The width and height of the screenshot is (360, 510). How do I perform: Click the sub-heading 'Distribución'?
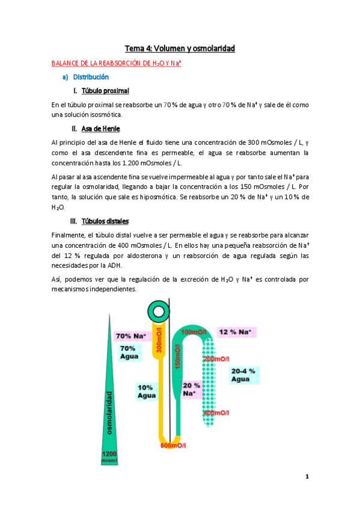[x=91, y=77]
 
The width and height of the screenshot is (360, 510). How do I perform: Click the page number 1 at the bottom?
[x=307, y=477]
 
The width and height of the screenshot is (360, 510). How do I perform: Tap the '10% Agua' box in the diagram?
[x=147, y=392]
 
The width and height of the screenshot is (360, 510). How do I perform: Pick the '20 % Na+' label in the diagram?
[x=191, y=389]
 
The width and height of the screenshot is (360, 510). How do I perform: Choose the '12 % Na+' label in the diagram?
[x=235, y=332]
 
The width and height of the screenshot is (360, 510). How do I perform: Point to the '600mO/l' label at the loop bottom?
[x=173, y=446]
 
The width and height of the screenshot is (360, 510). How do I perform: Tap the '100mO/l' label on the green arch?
[x=194, y=333]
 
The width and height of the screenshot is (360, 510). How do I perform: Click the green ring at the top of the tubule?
[x=159, y=311]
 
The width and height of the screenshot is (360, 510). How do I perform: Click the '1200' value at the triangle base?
[x=109, y=454]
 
